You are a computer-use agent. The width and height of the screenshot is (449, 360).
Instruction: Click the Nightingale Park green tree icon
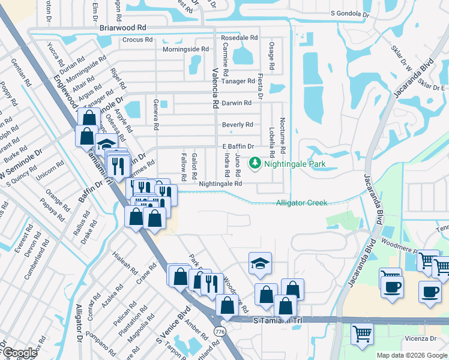pyautogui.click(x=255, y=162)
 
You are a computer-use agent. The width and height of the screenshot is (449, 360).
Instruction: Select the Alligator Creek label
pyautogui.click(x=301, y=203)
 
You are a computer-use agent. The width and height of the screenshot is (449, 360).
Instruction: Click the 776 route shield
pyautogui.click(x=219, y=331)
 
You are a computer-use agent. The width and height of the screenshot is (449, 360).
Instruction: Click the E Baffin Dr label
pyautogui.click(x=238, y=146)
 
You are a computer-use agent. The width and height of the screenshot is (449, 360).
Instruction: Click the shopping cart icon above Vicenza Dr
pyautogui.click(x=362, y=334)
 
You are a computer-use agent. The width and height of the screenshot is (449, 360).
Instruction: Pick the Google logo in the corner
pyautogui.click(x=19, y=353)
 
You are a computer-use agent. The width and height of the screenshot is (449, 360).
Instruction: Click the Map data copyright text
pyautogui.click(x=411, y=355)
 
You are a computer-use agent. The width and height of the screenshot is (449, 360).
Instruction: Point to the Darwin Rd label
pyautogui.click(x=237, y=103)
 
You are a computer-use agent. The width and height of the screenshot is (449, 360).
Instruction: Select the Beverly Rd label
pyautogui.click(x=237, y=125)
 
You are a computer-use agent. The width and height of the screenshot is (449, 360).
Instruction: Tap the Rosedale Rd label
pyautogui.click(x=239, y=37)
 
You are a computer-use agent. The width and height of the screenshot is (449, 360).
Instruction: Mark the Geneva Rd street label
pyautogui.click(x=155, y=115)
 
